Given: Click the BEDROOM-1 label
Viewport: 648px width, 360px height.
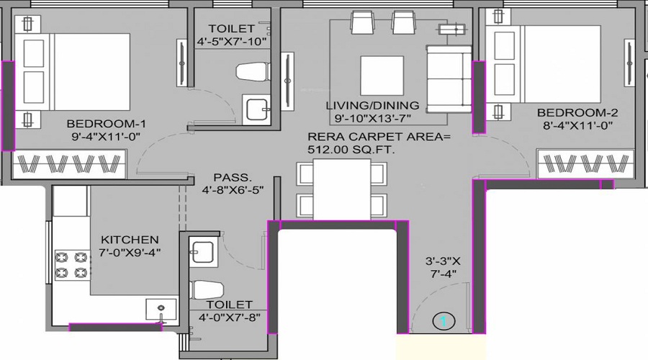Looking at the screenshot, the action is coord(107,124).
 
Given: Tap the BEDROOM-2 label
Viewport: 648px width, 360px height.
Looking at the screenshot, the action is coord(577,112).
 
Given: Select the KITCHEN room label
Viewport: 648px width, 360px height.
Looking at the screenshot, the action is coord(130,240).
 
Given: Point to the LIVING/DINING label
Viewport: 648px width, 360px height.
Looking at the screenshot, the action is coord(372,105).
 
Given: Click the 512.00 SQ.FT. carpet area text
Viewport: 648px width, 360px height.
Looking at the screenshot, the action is coord(351,150).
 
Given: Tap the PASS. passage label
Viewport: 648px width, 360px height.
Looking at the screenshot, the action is coord(233,178).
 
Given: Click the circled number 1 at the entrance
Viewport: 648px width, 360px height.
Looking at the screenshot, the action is coord(444,321).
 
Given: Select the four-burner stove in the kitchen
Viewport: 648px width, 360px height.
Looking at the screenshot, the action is coord(72,265).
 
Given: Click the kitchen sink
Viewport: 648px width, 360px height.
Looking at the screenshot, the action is coord(161,309).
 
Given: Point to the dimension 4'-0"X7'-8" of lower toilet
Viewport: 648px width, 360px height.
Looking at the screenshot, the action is coord(230,318).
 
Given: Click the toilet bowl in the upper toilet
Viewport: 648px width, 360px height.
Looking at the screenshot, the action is coord(253,72).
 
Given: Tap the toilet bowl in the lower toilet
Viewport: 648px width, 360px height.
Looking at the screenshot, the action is coord(207,289).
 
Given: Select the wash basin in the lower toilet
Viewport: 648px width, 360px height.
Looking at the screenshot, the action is coord(202,252).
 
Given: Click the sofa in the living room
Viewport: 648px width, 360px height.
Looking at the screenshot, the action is coord(449,79).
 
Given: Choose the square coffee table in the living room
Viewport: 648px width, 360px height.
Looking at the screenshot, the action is coord(382,76).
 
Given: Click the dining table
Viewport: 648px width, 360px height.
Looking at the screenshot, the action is coord(342,189).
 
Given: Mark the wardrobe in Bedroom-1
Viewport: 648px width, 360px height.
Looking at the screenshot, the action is coord(69,164).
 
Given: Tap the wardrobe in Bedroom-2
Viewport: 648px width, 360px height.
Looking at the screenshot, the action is coord(586,163).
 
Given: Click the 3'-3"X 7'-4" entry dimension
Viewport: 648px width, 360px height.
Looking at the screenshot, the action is coord(443,267).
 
